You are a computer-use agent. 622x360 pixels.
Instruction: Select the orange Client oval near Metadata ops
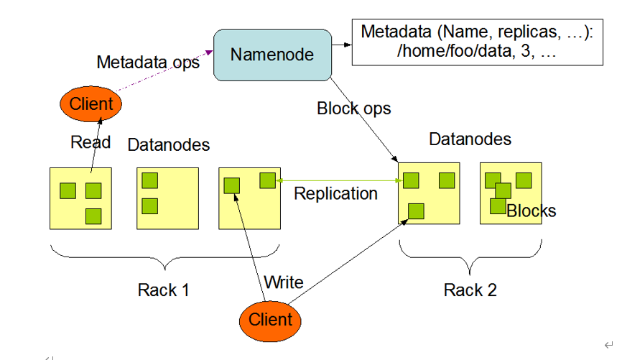(x=90, y=103)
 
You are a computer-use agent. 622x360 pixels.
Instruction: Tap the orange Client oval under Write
(x=270, y=319)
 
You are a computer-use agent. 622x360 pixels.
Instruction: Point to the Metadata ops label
(x=148, y=63)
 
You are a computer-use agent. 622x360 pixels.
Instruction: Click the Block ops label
(x=353, y=109)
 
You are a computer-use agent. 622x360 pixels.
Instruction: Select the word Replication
(x=335, y=193)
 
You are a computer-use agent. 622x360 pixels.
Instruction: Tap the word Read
(x=90, y=142)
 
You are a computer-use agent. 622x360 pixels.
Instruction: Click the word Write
(x=284, y=282)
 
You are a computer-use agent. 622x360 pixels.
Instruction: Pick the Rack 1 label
(x=164, y=290)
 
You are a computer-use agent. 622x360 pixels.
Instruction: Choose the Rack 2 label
(x=470, y=290)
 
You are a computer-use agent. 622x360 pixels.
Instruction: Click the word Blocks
(x=531, y=211)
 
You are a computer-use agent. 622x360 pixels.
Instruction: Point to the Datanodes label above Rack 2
(x=470, y=139)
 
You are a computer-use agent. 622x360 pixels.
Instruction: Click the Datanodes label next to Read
(x=168, y=145)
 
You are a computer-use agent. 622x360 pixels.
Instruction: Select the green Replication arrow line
(x=338, y=180)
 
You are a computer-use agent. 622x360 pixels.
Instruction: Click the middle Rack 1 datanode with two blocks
(x=167, y=198)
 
